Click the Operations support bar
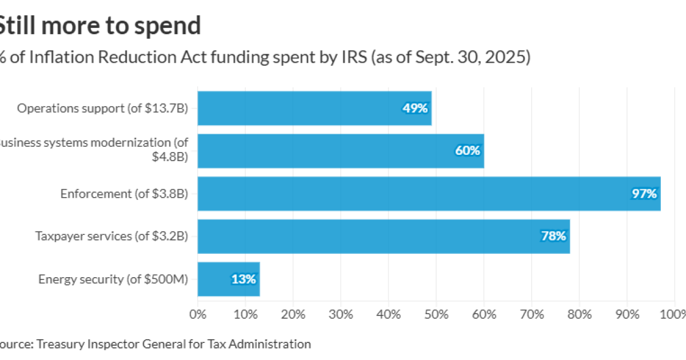click(314, 108)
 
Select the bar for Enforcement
click(429, 194)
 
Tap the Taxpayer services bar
click(383, 237)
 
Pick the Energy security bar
click(228, 279)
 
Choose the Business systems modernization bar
click(341, 151)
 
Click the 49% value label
click(415, 108)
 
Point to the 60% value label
click(468, 151)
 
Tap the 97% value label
click(644, 194)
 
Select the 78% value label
click(553, 237)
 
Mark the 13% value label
click(244, 279)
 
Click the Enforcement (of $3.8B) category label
click(124, 194)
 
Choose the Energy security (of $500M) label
click(113, 279)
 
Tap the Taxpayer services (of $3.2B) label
click(111, 237)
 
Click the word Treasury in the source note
click(59, 344)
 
